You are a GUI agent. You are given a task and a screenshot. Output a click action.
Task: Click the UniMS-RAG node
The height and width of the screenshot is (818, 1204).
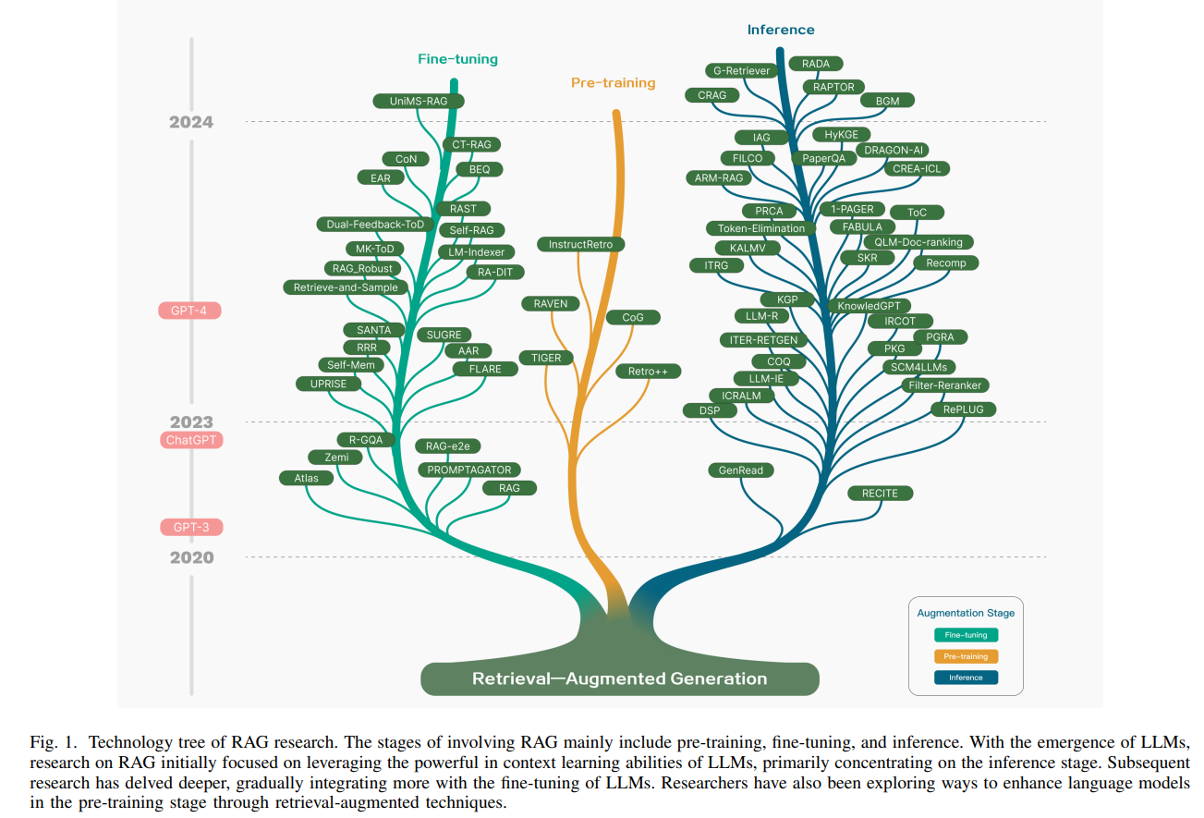[419, 101]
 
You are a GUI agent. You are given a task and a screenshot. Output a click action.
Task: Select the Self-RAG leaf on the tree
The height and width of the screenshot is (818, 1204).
[471, 230]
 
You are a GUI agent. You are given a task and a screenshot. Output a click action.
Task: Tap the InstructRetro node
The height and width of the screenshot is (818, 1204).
[580, 245]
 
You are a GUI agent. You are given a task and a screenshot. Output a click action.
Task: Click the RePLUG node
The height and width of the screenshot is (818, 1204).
[963, 409]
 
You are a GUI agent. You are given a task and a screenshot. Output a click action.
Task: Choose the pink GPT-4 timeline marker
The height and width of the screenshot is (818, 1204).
[189, 311]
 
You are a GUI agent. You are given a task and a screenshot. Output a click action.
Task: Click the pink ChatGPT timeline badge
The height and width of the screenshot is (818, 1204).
[191, 440]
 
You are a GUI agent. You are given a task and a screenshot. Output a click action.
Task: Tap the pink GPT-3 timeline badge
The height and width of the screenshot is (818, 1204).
[191, 528]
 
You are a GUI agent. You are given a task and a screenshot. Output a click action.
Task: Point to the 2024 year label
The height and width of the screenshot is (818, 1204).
[191, 122]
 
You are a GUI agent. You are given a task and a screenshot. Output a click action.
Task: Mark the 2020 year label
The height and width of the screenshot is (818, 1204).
[191, 557]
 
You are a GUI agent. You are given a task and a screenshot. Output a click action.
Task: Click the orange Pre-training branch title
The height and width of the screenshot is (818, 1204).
[613, 83]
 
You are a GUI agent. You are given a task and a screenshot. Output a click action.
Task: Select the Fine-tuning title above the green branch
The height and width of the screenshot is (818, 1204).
[457, 59]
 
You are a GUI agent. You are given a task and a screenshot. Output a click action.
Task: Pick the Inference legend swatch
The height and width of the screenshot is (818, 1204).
[966, 678]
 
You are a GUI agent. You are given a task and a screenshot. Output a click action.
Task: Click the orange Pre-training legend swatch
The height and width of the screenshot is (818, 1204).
[966, 656]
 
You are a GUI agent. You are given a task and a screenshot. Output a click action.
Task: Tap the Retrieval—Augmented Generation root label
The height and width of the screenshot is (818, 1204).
[619, 678]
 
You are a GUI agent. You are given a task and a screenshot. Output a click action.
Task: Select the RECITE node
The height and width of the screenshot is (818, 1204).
[880, 494]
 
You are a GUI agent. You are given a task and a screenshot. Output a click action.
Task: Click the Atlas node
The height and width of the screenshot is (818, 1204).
[306, 478]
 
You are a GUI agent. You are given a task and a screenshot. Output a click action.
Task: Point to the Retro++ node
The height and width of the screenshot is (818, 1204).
[648, 372]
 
